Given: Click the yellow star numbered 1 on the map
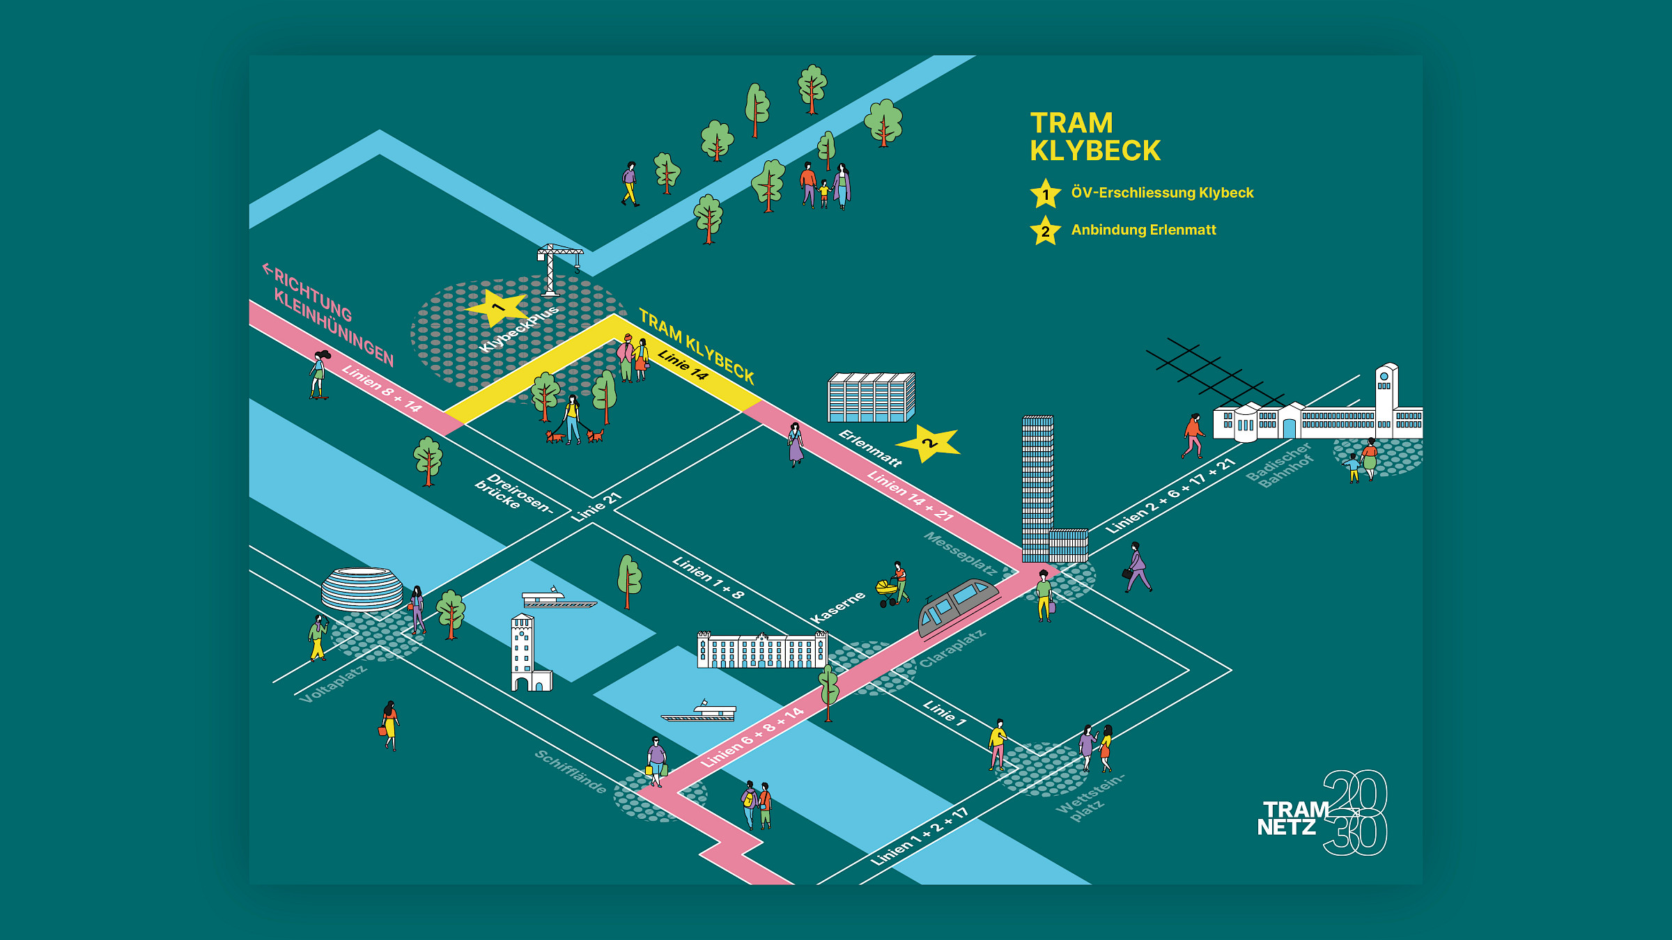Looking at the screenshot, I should (497, 307).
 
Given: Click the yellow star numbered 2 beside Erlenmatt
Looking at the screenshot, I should (928, 443).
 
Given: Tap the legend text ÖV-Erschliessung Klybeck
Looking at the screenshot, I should (1162, 193).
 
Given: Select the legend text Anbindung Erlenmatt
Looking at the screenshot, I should (1143, 230).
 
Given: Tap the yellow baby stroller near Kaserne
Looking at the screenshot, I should (887, 593).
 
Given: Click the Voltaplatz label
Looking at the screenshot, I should (333, 684).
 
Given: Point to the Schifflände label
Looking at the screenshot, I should (571, 771).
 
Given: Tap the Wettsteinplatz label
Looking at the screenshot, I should (1088, 797).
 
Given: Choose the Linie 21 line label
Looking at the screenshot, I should (596, 507).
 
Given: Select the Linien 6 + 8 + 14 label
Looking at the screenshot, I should (752, 737).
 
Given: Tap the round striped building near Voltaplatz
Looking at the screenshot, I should (362, 588).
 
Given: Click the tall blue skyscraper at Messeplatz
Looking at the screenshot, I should (1037, 487).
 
